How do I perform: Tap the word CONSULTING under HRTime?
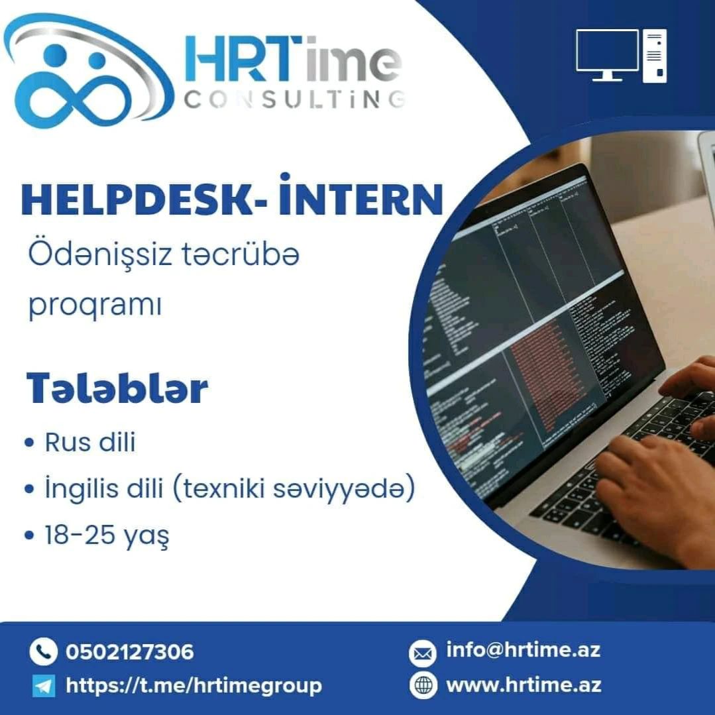[294, 99]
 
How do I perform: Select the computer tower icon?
[654, 56]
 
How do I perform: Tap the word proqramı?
[95, 305]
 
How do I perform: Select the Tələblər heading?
[117, 388]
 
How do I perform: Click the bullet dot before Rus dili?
[30, 443]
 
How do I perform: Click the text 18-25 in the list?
[80, 534]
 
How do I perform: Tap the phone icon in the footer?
[43, 651]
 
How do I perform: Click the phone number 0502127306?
[130, 651]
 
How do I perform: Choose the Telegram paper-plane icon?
[44, 686]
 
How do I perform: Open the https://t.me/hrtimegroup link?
[193, 686]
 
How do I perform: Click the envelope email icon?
[423, 653]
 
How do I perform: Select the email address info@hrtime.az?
[523, 649]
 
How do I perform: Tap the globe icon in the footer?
[423, 685]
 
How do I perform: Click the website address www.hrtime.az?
[523, 685]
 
